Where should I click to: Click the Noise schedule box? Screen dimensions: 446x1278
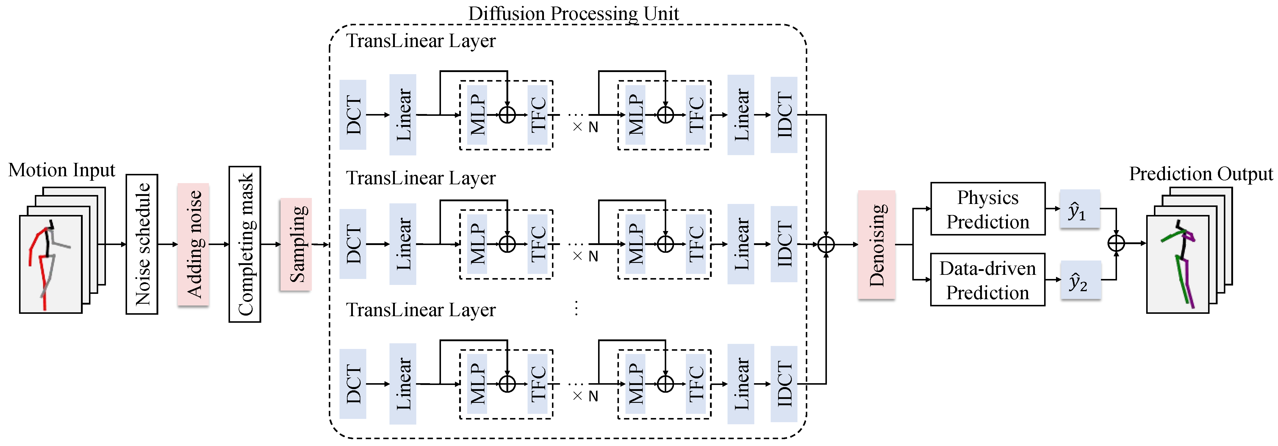(x=142, y=244)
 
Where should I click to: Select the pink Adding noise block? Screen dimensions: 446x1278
(x=193, y=244)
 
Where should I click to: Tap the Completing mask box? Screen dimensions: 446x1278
(x=245, y=244)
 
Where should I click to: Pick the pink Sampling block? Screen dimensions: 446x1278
(x=296, y=244)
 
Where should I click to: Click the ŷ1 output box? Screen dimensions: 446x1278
(x=1080, y=209)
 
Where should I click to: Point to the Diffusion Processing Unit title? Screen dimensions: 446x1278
(x=573, y=13)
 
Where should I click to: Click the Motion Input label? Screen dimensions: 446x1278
(x=62, y=170)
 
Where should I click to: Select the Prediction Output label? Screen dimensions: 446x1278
(x=1201, y=174)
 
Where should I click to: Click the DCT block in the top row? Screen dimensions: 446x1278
(x=353, y=115)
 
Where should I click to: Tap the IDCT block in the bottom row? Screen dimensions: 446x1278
(x=784, y=384)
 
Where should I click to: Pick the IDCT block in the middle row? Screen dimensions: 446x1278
(x=784, y=244)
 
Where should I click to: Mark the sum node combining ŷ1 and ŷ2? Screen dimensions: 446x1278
(x=1116, y=243)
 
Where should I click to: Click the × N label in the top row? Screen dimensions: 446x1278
(x=585, y=127)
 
